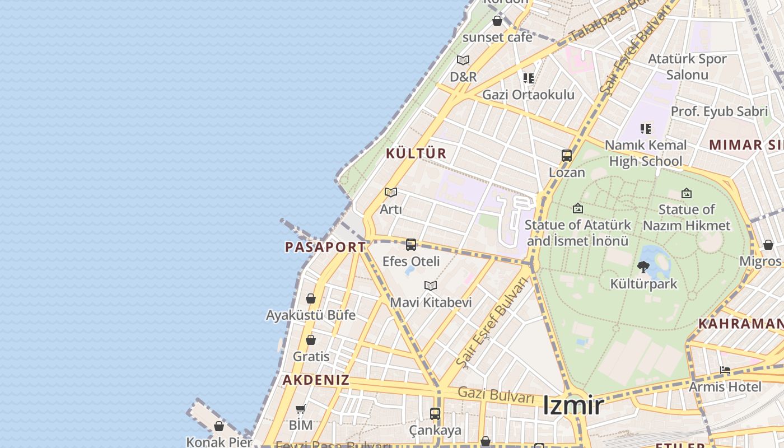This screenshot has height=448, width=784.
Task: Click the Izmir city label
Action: click(x=573, y=405)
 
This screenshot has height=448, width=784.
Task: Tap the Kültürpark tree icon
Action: click(x=643, y=267)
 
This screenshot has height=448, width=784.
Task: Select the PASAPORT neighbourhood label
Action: click(x=325, y=247)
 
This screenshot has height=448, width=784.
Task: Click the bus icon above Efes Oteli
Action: click(x=411, y=245)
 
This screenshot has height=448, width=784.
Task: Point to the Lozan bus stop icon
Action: click(x=567, y=156)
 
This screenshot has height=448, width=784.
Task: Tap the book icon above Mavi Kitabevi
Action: click(x=430, y=286)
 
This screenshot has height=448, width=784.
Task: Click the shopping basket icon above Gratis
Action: click(x=311, y=340)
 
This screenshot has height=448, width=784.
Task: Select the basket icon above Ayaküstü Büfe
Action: click(x=311, y=298)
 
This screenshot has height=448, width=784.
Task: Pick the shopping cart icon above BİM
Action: click(x=301, y=409)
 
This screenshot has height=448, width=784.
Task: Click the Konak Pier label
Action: click(x=219, y=442)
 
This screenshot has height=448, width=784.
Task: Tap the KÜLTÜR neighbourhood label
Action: click(x=416, y=153)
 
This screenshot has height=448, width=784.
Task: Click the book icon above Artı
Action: click(x=391, y=193)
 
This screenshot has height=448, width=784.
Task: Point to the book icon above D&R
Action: click(x=463, y=60)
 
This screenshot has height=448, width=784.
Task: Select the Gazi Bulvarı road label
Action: click(x=496, y=394)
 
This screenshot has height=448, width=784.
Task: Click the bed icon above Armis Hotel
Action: click(x=725, y=370)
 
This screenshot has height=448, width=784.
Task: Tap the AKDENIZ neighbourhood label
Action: click(x=316, y=380)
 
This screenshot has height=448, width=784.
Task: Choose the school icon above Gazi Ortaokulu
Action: click(x=528, y=78)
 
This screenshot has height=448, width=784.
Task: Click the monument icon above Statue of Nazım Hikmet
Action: click(x=687, y=193)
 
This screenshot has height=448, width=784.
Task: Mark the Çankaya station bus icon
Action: click(x=435, y=414)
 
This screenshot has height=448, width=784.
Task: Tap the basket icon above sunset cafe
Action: click(x=497, y=21)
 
